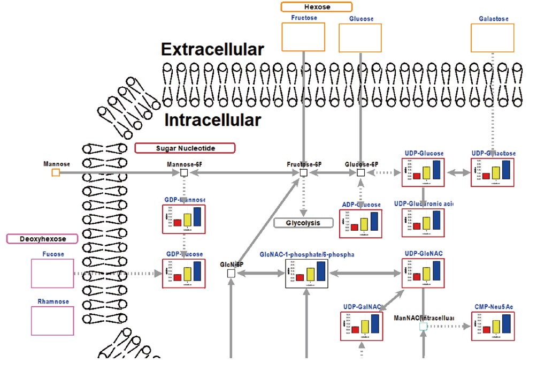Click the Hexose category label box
pyautogui.click(x=317, y=7)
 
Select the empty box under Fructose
pyautogui.click(x=303, y=37)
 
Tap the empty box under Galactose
pyautogui.click(x=492, y=38)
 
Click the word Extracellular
pyautogui.click(x=212, y=50)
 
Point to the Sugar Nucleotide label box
pyautogui.click(x=185, y=148)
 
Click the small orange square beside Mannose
pyautogui.click(x=56, y=172)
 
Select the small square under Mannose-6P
pyautogui.click(x=184, y=172)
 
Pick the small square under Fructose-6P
pyautogui.click(x=303, y=172)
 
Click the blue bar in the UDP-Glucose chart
pyautogui.click(x=436, y=170)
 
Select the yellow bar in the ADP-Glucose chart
pyautogui.click(x=364, y=224)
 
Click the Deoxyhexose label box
pyautogui.click(x=42, y=238)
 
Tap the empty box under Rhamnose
pyautogui.click(x=52, y=321)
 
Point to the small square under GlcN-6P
pyautogui.click(x=231, y=274)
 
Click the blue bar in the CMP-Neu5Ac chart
pyautogui.click(x=506, y=324)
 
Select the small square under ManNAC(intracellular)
pyautogui.click(x=423, y=326)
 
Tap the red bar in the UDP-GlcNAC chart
pyautogui.click(x=417, y=277)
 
